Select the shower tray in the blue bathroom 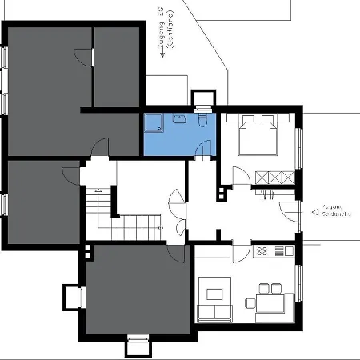pos(152,122)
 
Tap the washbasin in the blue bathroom pos(178,119)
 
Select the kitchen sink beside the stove pos(285,252)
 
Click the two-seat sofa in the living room pos(212,313)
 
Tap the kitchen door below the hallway pos(240,249)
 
